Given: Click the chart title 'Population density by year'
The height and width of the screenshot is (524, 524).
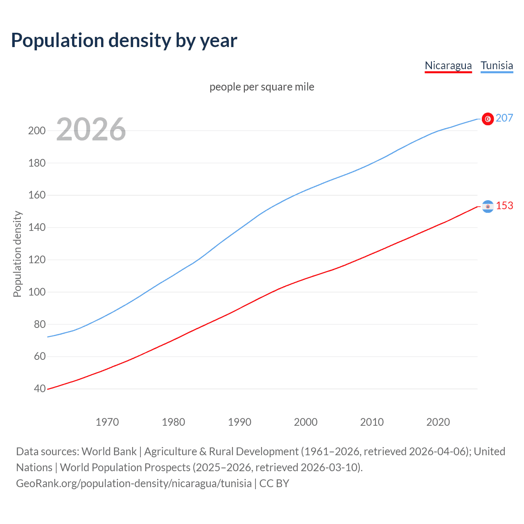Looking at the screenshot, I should (124, 41).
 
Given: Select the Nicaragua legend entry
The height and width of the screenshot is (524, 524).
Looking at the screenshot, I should (448, 65).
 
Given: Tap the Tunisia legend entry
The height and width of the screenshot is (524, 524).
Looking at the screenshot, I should (497, 65).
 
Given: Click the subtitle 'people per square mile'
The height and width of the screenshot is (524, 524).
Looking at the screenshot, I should (262, 87).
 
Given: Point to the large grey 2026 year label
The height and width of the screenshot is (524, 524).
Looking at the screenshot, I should (91, 129).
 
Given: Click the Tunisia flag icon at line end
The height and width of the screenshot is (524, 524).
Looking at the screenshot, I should (488, 119).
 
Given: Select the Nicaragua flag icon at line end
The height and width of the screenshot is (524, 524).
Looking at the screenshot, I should (488, 206).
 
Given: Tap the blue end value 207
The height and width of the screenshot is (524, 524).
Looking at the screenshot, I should (504, 118).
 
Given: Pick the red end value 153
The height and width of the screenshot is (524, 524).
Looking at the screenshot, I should (504, 206).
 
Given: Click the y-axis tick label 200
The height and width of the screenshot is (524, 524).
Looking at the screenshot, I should (37, 131).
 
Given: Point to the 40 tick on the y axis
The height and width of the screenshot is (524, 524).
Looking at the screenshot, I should (40, 388).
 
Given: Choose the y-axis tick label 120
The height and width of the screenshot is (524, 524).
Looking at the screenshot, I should (37, 260).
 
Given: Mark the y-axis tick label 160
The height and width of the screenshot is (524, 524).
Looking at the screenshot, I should (37, 195).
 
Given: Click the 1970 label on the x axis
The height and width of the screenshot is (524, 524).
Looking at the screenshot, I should (107, 422).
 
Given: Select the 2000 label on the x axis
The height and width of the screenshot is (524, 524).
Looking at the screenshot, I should (306, 422).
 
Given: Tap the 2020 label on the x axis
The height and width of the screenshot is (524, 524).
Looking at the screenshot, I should (438, 422).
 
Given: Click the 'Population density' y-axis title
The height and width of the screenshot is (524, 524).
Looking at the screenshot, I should (17, 254).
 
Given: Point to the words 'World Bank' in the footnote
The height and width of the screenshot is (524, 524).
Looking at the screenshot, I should (109, 452).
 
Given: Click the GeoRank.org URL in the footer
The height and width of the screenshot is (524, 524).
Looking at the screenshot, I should (134, 483).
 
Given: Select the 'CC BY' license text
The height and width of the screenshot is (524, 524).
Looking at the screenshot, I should (274, 483).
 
